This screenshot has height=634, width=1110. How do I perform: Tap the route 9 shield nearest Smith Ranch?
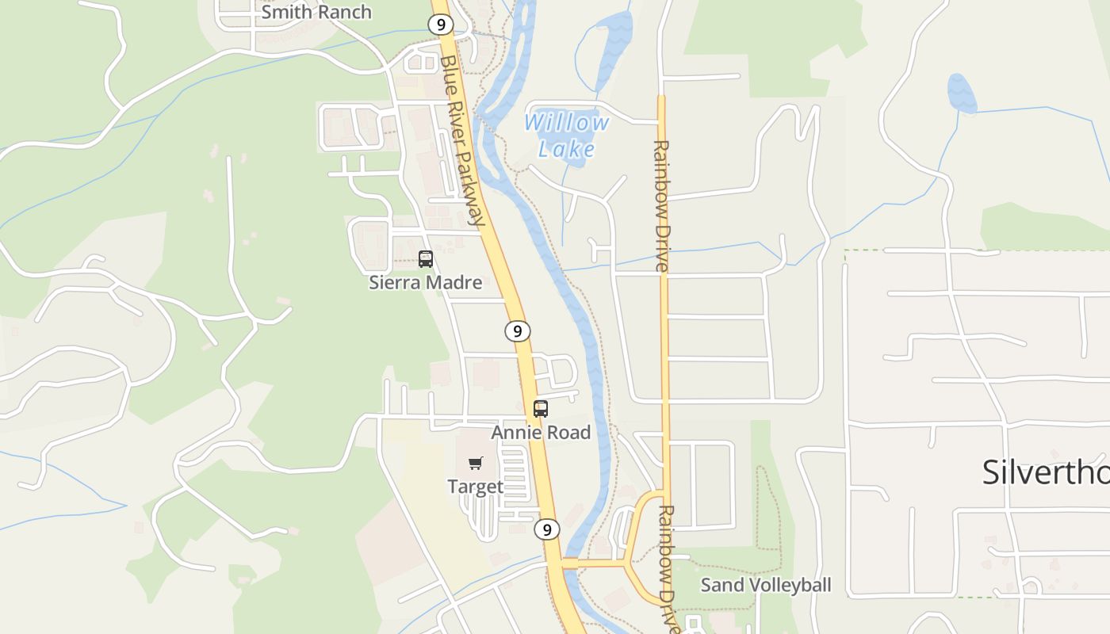click(440, 25)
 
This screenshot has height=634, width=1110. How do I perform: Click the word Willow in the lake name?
click(566, 123)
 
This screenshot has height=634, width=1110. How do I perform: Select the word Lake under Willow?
click(566, 148)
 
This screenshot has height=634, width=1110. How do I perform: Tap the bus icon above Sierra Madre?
click(426, 259)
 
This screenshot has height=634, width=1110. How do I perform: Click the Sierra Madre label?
click(425, 282)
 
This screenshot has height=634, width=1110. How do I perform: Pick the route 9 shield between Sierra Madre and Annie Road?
click(517, 330)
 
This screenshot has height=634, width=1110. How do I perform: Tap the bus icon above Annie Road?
click(541, 409)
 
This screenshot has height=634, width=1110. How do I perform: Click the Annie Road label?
click(541, 432)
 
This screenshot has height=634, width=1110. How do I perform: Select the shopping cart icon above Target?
click(475, 464)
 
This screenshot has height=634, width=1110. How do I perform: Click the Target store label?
click(475, 486)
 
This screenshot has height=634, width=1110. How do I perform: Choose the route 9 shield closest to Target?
click(546, 529)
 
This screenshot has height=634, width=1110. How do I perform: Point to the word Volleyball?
click(790, 585)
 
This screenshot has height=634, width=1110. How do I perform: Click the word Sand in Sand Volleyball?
click(722, 585)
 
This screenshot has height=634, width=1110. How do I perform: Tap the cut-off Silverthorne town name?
click(1045, 472)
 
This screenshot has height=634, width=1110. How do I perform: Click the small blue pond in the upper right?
click(962, 93)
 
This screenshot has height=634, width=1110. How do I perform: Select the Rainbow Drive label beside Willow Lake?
click(661, 206)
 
